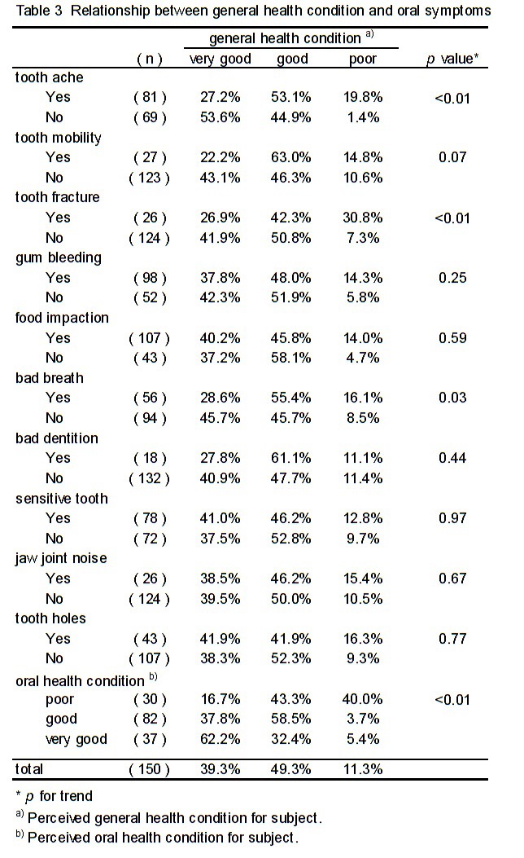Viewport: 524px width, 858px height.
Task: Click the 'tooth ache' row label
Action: point(49,77)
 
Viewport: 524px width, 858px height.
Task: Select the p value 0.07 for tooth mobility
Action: point(452,157)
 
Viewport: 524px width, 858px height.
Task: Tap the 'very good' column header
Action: point(221,59)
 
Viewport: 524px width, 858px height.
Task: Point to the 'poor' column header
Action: point(363,59)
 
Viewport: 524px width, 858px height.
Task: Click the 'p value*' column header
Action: point(452,59)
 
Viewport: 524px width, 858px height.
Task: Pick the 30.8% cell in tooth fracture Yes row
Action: point(363,218)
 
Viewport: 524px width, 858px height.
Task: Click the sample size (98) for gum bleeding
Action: point(150,278)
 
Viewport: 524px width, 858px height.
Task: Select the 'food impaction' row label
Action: point(62,318)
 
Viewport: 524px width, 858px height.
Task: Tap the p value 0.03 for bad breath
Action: point(452,398)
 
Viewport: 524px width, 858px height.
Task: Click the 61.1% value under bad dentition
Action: point(291,458)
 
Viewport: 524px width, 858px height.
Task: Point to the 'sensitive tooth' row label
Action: point(62,499)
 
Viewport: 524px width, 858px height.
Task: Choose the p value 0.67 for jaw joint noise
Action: point(452,579)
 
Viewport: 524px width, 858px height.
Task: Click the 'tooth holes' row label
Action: point(50,618)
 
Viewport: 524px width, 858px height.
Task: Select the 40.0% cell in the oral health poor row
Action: point(363,699)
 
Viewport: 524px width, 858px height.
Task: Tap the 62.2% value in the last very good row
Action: point(221,739)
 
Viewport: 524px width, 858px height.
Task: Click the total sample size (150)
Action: point(149,769)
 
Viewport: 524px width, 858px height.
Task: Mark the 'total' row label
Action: point(29,769)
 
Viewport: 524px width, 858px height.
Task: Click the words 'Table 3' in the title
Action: point(39,11)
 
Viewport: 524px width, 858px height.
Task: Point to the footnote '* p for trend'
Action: point(54,796)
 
